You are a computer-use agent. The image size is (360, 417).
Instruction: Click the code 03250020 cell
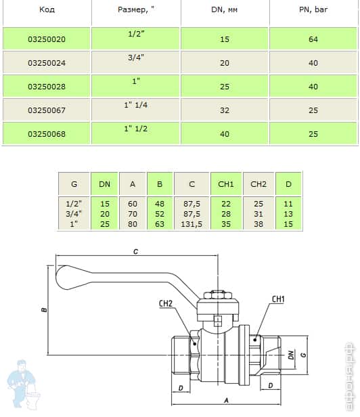pyautogui.click(x=47, y=40)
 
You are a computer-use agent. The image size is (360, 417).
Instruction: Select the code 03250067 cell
pyautogui.click(x=47, y=110)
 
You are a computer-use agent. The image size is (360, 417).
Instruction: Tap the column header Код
pyautogui.click(x=47, y=10)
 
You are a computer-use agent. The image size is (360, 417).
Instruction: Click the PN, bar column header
pyautogui.click(x=313, y=10)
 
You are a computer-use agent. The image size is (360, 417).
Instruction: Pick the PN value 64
pyautogui.click(x=313, y=40)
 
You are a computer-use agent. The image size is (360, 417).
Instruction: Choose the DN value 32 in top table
pyautogui.click(x=225, y=110)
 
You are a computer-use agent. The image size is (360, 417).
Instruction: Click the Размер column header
pyautogui.click(x=135, y=10)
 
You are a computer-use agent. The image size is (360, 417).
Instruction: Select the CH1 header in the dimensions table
pyautogui.click(x=226, y=183)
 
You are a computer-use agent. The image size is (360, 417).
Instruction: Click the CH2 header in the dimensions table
pyautogui.click(x=258, y=183)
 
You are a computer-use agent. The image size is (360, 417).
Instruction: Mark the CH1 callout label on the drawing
pyautogui.click(x=278, y=299)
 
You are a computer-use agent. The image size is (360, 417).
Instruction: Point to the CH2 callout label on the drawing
pyautogui.click(x=168, y=303)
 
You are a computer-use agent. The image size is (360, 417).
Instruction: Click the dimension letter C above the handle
pyautogui.click(x=135, y=252)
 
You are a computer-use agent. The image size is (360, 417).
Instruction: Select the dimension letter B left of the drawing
pyautogui.click(x=44, y=311)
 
